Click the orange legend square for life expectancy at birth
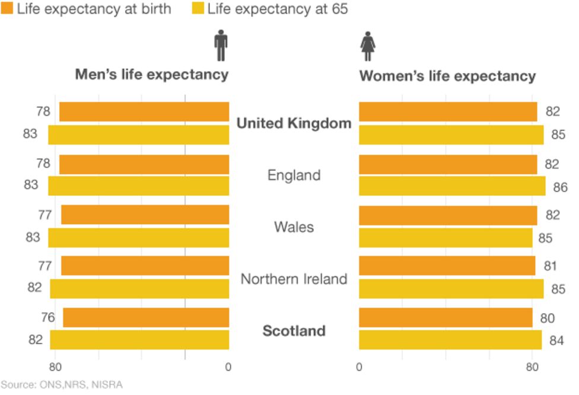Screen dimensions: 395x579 pos(7,9)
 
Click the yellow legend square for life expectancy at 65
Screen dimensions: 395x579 pos(198,9)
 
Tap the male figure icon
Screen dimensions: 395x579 pos(221,46)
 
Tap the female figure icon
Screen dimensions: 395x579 pos(368,46)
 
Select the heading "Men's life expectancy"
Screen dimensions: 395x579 pos(151,75)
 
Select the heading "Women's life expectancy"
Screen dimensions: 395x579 pos(447,77)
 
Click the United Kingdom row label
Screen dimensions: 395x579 pos(294,123)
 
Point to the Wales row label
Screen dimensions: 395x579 pos(294,227)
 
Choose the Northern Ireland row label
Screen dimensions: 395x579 pos(294,279)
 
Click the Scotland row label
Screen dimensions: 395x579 pos(294,330)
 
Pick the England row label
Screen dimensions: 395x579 pos(294,176)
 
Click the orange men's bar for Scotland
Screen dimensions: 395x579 pos(146,317)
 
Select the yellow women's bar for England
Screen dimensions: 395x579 pos(452,186)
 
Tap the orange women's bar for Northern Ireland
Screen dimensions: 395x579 pos(447,266)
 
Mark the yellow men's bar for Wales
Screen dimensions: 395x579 pos(138,238)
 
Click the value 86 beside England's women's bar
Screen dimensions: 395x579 pos(560,187)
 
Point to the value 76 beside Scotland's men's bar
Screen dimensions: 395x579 pos(47,318)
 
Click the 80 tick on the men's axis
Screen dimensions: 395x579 pos(55,367)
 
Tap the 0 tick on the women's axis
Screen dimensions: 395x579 pos(359,367)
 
